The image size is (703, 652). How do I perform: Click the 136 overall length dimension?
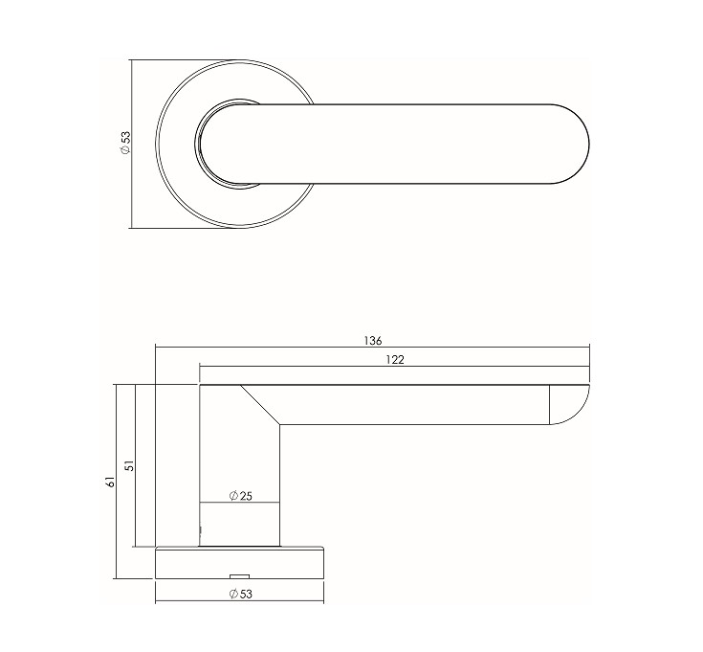point(373,341)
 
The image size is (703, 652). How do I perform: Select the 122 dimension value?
point(395,360)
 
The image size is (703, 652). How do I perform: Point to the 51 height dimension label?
point(129,465)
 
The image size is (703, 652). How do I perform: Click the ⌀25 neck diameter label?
point(241,496)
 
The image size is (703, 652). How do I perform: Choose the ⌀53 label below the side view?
point(241,595)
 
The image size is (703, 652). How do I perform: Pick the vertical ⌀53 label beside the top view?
point(125,144)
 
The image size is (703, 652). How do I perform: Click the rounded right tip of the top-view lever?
point(589,144)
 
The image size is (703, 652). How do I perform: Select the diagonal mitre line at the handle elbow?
point(260,405)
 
